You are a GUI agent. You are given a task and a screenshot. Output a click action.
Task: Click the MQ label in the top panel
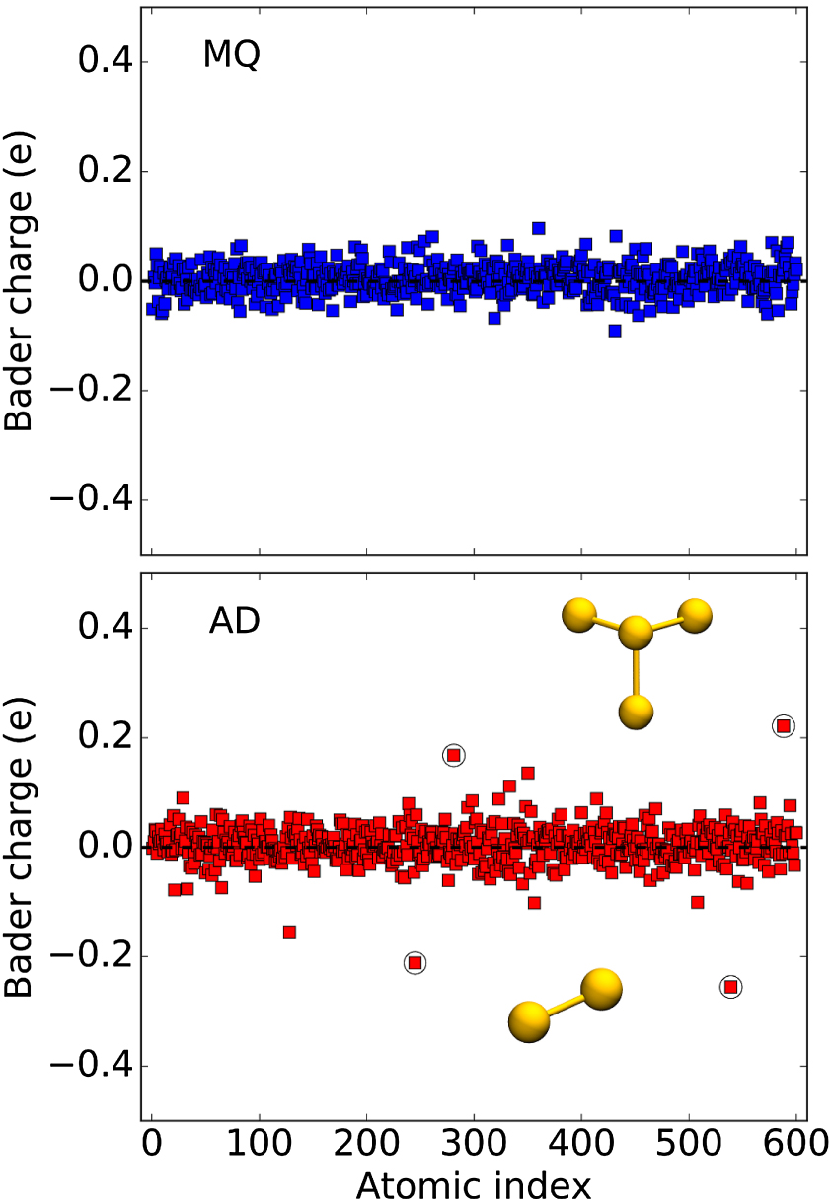(x=231, y=56)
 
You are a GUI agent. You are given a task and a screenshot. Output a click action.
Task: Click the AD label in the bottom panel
(x=233, y=622)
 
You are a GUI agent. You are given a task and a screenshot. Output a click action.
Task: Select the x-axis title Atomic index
(x=473, y=1184)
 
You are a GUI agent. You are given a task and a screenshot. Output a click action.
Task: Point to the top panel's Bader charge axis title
(x=21, y=280)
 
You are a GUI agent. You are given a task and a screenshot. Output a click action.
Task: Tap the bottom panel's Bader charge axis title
(x=21, y=847)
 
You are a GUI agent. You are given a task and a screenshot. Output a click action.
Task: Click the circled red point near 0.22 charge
(x=783, y=726)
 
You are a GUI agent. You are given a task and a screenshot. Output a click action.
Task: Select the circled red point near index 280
(x=453, y=755)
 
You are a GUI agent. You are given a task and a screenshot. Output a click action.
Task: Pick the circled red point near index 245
(x=415, y=962)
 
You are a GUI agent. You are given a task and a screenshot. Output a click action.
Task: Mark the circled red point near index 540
(x=730, y=986)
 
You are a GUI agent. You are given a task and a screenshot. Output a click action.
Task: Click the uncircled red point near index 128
(x=289, y=932)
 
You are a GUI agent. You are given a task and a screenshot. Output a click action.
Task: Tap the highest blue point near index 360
(x=538, y=228)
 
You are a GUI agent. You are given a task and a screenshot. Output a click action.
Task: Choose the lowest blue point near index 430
(x=614, y=331)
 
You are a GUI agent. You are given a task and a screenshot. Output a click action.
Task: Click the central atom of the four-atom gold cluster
(x=636, y=633)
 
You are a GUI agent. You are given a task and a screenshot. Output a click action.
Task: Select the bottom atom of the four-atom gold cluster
(x=637, y=710)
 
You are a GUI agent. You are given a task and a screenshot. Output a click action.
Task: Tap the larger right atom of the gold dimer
(x=601, y=988)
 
